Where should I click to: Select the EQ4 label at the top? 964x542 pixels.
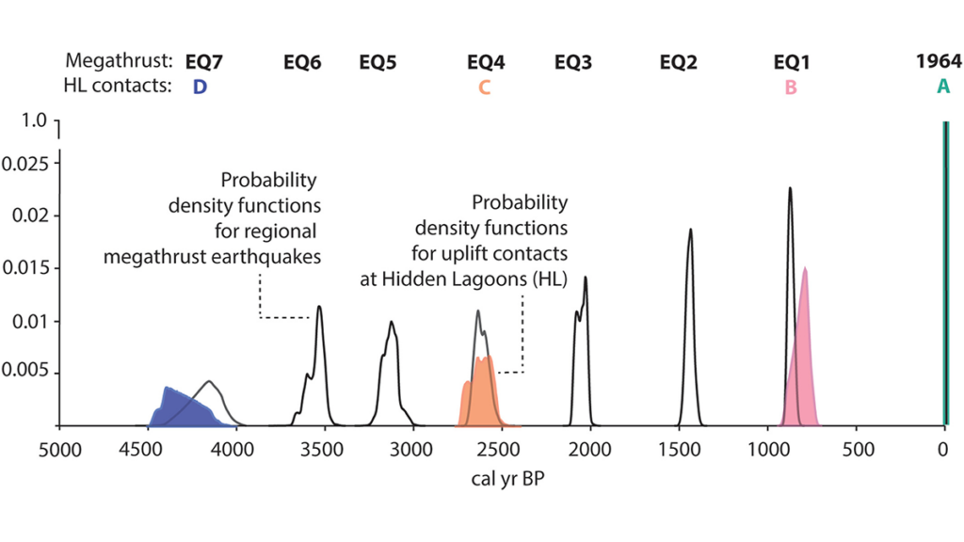tap(486, 63)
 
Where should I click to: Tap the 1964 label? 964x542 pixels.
tap(939, 63)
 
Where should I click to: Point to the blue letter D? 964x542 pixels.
tap(200, 88)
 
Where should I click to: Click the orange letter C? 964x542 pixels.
tap(484, 88)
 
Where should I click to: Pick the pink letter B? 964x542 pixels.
tap(791, 88)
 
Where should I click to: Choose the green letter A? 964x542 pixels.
tap(942, 88)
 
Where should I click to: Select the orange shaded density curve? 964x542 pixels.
tap(482, 395)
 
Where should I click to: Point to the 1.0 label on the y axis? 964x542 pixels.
tap(34, 121)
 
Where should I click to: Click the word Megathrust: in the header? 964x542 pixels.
tap(120, 63)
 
